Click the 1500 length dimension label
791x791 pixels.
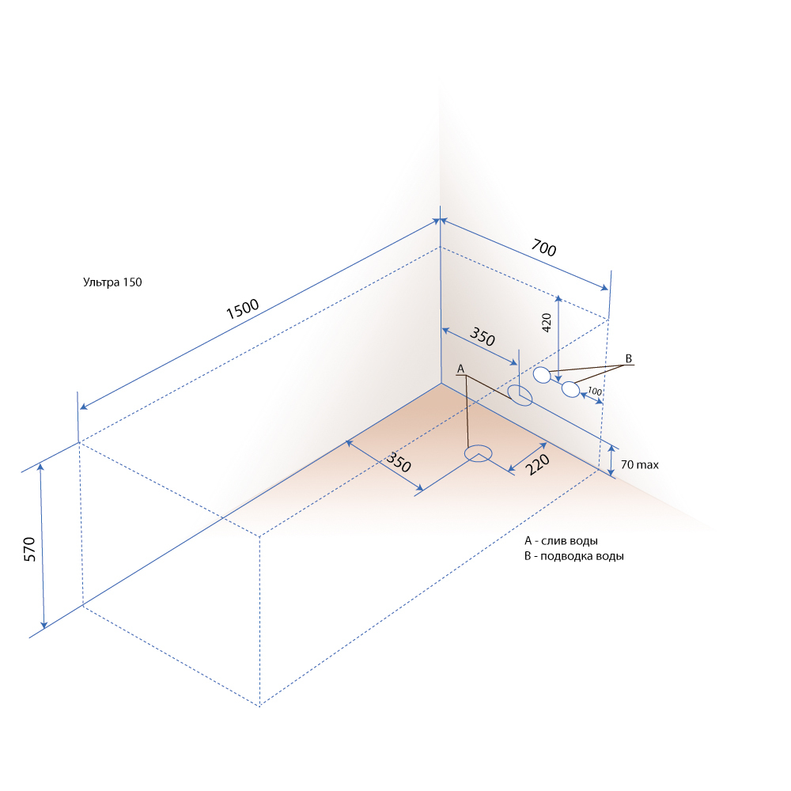pos(242,308)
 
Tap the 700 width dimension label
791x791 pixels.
pos(544,248)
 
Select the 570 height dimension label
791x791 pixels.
pos(30,550)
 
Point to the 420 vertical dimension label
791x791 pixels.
pos(547,323)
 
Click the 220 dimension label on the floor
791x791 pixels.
pos(537,464)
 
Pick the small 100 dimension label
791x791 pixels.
pos(595,391)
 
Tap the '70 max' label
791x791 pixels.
pos(640,464)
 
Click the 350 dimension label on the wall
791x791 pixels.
pos(483,336)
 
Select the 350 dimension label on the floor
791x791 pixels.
pos(399,462)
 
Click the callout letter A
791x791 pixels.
pos(460,369)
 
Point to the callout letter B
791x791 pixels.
pos(629,358)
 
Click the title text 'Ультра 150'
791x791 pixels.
pos(112,282)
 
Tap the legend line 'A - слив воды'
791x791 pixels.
pos(561,541)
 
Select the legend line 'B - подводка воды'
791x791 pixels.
pos(574,556)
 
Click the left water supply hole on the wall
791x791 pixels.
pos(542,375)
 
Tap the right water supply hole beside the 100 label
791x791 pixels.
pos(570,389)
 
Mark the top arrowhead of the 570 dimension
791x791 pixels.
pos(41,467)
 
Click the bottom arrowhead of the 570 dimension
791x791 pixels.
pos(44,625)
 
